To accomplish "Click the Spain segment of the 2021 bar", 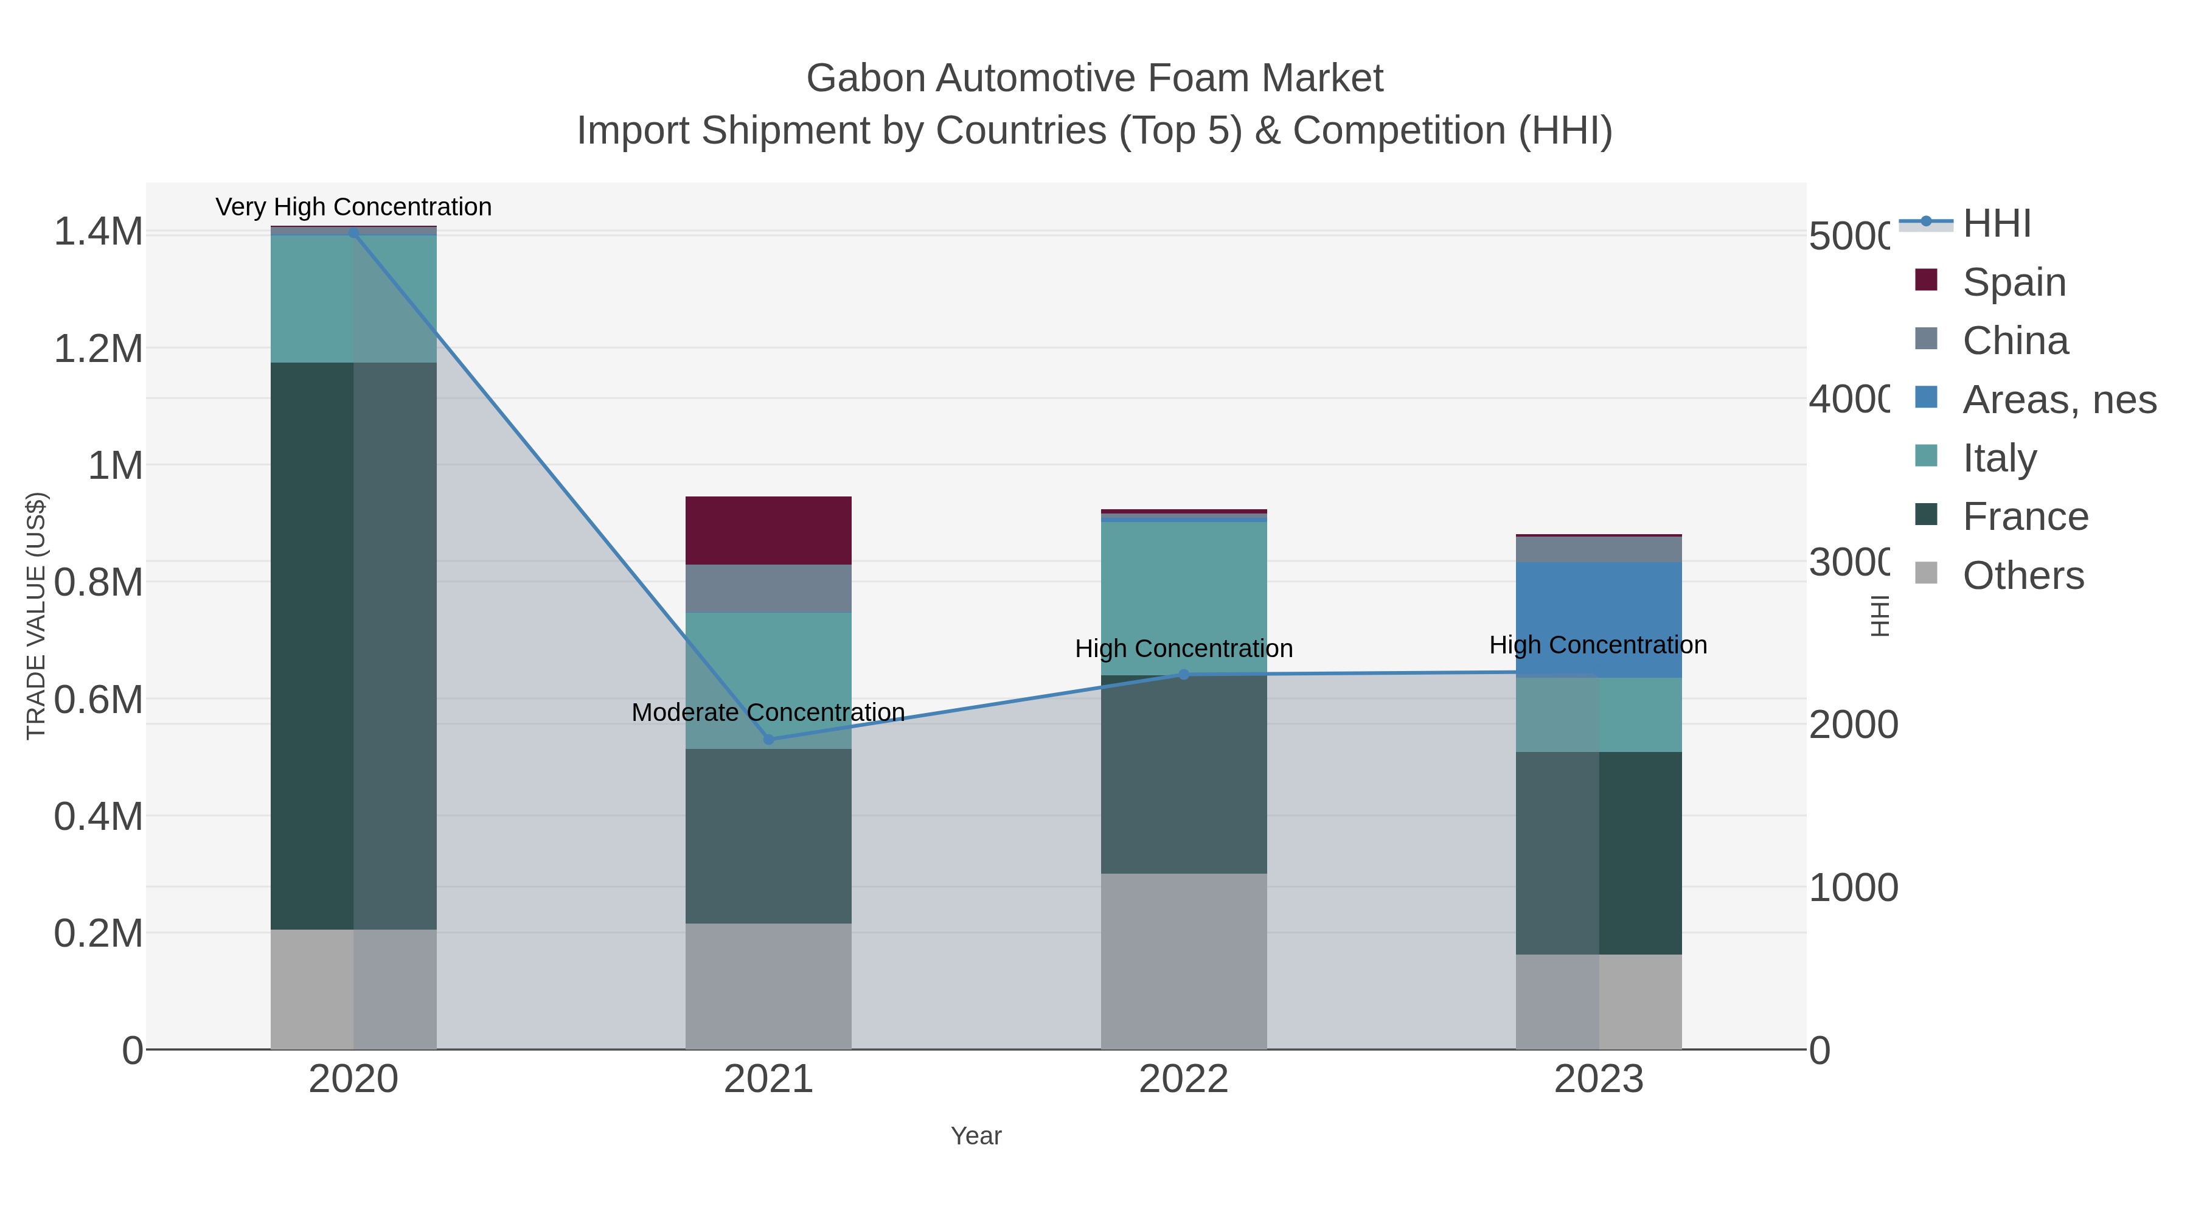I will pos(768,531).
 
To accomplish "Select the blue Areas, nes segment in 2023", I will pos(1598,619).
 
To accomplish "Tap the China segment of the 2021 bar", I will pos(768,588).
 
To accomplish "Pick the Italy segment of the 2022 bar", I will pos(1183,597).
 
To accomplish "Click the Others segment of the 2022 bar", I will pos(1183,961).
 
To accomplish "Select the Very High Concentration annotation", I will pos(353,207).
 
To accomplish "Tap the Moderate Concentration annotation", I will pos(768,712).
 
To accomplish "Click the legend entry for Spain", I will pos(2013,282).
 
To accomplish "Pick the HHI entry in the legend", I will pos(1996,224).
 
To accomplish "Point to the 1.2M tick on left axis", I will pos(99,349).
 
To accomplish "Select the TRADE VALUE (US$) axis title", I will pos(36,616).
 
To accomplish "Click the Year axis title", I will pos(976,1136).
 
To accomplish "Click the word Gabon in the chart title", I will pos(866,78).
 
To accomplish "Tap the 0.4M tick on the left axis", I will pos(99,816).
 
